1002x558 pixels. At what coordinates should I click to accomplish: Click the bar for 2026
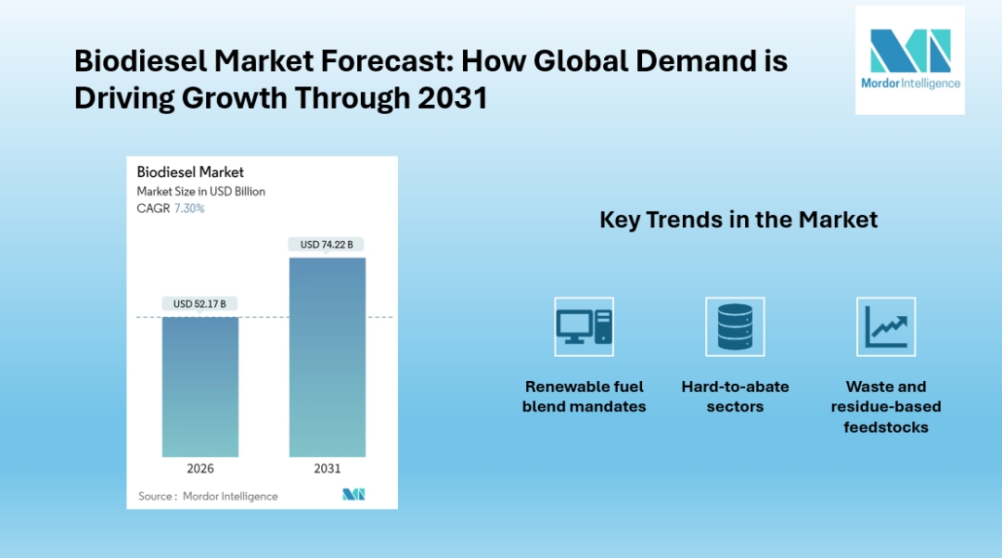(x=200, y=387)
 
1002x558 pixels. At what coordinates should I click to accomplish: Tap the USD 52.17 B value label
(x=199, y=303)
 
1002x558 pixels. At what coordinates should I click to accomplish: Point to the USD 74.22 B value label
(x=327, y=245)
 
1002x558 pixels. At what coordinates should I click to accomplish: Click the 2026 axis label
(x=200, y=468)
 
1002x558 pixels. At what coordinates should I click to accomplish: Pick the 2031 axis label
(x=327, y=468)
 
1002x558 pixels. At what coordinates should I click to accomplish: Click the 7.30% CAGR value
(x=189, y=209)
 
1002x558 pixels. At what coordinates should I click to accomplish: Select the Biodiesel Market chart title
(x=190, y=171)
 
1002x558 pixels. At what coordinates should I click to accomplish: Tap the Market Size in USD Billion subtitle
(x=200, y=191)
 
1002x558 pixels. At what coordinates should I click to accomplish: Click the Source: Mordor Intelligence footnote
(x=208, y=496)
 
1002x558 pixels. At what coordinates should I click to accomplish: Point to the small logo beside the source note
(x=353, y=494)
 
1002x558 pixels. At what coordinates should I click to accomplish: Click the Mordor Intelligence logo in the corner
(x=909, y=60)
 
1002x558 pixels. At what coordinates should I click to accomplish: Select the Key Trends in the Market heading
(x=739, y=220)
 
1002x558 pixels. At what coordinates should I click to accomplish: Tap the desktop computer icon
(x=584, y=326)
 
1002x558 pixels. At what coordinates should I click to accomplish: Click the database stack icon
(x=735, y=326)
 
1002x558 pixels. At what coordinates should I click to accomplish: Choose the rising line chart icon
(x=886, y=326)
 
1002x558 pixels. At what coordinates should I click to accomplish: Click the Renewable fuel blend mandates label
(x=584, y=397)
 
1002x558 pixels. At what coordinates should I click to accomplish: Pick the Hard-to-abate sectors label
(x=735, y=397)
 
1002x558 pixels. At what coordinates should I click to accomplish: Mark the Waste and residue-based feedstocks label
(x=886, y=407)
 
